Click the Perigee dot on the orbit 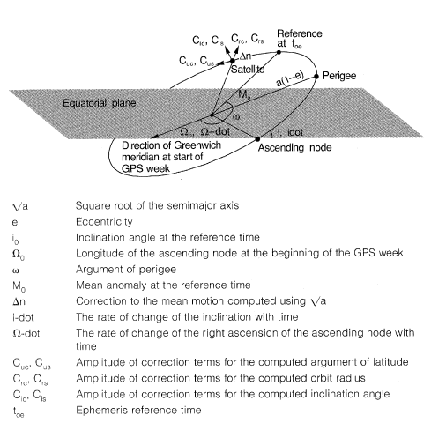pyautogui.click(x=316, y=77)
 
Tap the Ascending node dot pyautogui.click(x=257, y=139)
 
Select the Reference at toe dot pyautogui.click(x=279, y=52)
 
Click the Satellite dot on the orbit pyautogui.click(x=233, y=61)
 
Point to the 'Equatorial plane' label pyautogui.click(x=100, y=103)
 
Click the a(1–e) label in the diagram pyautogui.click(x=289, y=79)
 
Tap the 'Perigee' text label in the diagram pyautogui.click(x=339, y=76)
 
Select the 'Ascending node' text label pyautogui.click(x=294, y=147)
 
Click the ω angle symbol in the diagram pyautogui.click(x=236, y=117)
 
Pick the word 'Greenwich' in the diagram pyautogui.click(x=197, y=145)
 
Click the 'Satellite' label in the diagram pyautogui.click(x=248, y=70)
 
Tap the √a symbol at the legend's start pyautogui.click(x=20, y=206)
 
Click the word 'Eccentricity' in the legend pyautogui.click(x=104, y=221)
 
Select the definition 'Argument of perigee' pyautogui.click(x=126, y=270)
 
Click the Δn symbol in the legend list pyautogui.click(x=19, y=301)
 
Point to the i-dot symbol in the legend pyautogui.click(x=23, y=317)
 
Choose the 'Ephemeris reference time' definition pyautogui.click(x=138, y=410)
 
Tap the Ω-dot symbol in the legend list pyautogui.click(x=26, y=333)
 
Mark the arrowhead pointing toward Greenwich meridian pyautogui.click(x=154, y=137)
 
